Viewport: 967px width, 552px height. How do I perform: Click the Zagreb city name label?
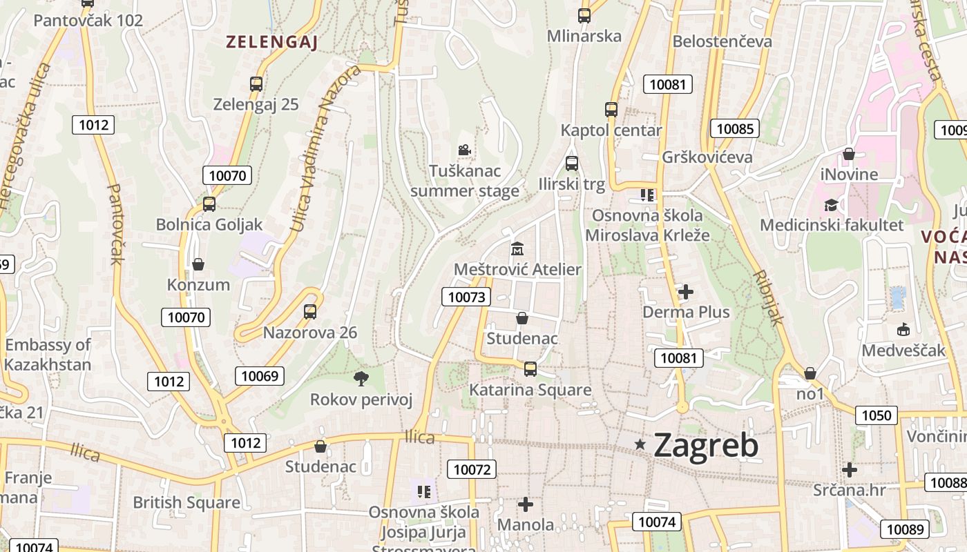[705, 446]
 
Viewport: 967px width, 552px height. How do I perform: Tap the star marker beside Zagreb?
[641, 445]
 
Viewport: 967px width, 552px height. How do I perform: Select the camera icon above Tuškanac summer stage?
[464, 150]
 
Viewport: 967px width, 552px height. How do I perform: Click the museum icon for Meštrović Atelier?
[517, 248]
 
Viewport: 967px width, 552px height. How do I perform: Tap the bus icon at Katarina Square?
[530, 369]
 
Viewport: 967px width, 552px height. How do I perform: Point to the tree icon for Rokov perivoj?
[361, 378]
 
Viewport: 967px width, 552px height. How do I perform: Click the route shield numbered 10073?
[466, 297]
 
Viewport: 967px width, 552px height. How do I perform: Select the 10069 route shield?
[260, 375]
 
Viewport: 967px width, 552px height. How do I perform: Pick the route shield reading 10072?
[472, 470]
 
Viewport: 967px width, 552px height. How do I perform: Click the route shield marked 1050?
[877, 415]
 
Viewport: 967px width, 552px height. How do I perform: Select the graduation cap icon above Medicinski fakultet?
[831, 205]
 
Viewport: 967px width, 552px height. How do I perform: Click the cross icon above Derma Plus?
[685, 293]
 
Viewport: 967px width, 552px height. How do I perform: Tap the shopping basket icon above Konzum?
[198, 264]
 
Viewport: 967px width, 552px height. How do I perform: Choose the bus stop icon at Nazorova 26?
[310, 312]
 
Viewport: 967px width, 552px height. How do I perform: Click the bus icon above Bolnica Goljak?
[209, 204]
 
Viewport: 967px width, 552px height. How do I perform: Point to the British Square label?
[186, 502]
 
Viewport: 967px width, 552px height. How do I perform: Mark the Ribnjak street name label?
[769, 297]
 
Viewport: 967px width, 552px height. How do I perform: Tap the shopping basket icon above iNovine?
[849, 154]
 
